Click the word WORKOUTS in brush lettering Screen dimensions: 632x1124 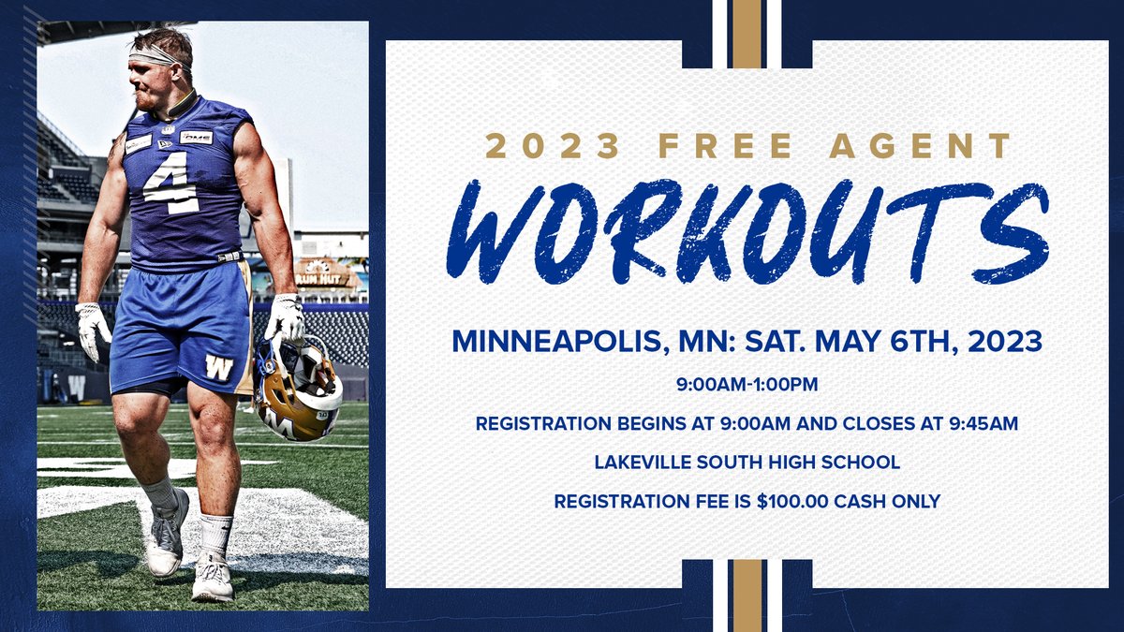point(747,231)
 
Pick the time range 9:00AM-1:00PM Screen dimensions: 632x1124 point(747,385)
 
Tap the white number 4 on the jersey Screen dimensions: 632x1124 point(171,182)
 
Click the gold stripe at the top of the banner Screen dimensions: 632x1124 point(747,34)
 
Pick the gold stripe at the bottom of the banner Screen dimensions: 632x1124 point(747,595)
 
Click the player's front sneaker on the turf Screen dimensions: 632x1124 point(212,575)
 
